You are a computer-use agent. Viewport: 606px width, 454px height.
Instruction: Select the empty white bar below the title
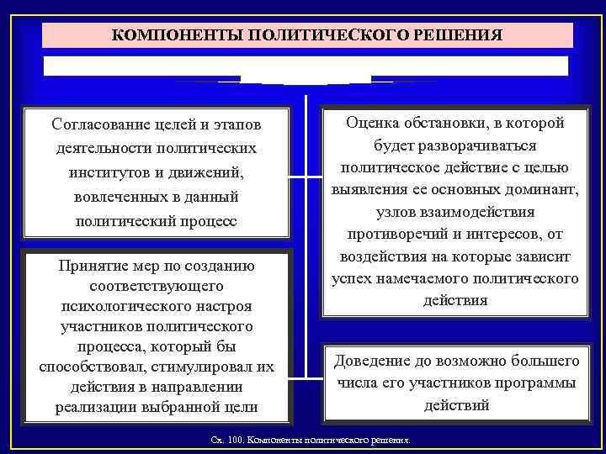pyautogui.click(x=306, y=66)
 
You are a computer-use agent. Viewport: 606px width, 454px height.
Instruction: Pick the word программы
pyautogui.click(x=534, y=383)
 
